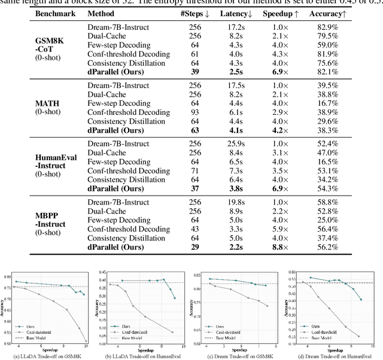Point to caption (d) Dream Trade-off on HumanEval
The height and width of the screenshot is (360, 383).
click(334, 356)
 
